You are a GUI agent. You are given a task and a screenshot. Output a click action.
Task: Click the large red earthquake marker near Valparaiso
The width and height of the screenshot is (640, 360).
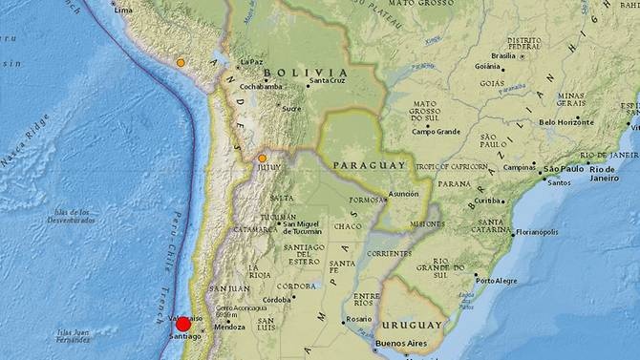(x=183, y=325)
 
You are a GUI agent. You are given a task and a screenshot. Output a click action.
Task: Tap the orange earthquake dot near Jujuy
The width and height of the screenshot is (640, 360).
(x=263, y=158)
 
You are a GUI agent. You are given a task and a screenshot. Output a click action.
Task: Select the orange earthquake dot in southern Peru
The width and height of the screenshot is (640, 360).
(x=181, y=63)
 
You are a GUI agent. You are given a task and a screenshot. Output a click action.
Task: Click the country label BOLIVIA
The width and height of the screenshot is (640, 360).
(x=306, y=73)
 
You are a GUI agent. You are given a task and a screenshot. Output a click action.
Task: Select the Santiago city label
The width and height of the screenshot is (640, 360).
(x=184, y=337)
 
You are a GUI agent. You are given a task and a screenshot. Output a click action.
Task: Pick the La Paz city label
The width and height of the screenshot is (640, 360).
(x=251, y=62)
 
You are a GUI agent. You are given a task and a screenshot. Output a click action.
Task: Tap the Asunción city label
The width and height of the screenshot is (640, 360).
(x=403, y=194)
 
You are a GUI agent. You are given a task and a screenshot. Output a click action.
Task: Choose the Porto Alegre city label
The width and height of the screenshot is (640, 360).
(x=497, y=280)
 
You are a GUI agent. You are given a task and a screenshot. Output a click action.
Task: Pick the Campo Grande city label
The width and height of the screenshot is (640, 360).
(x=437, y=131)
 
